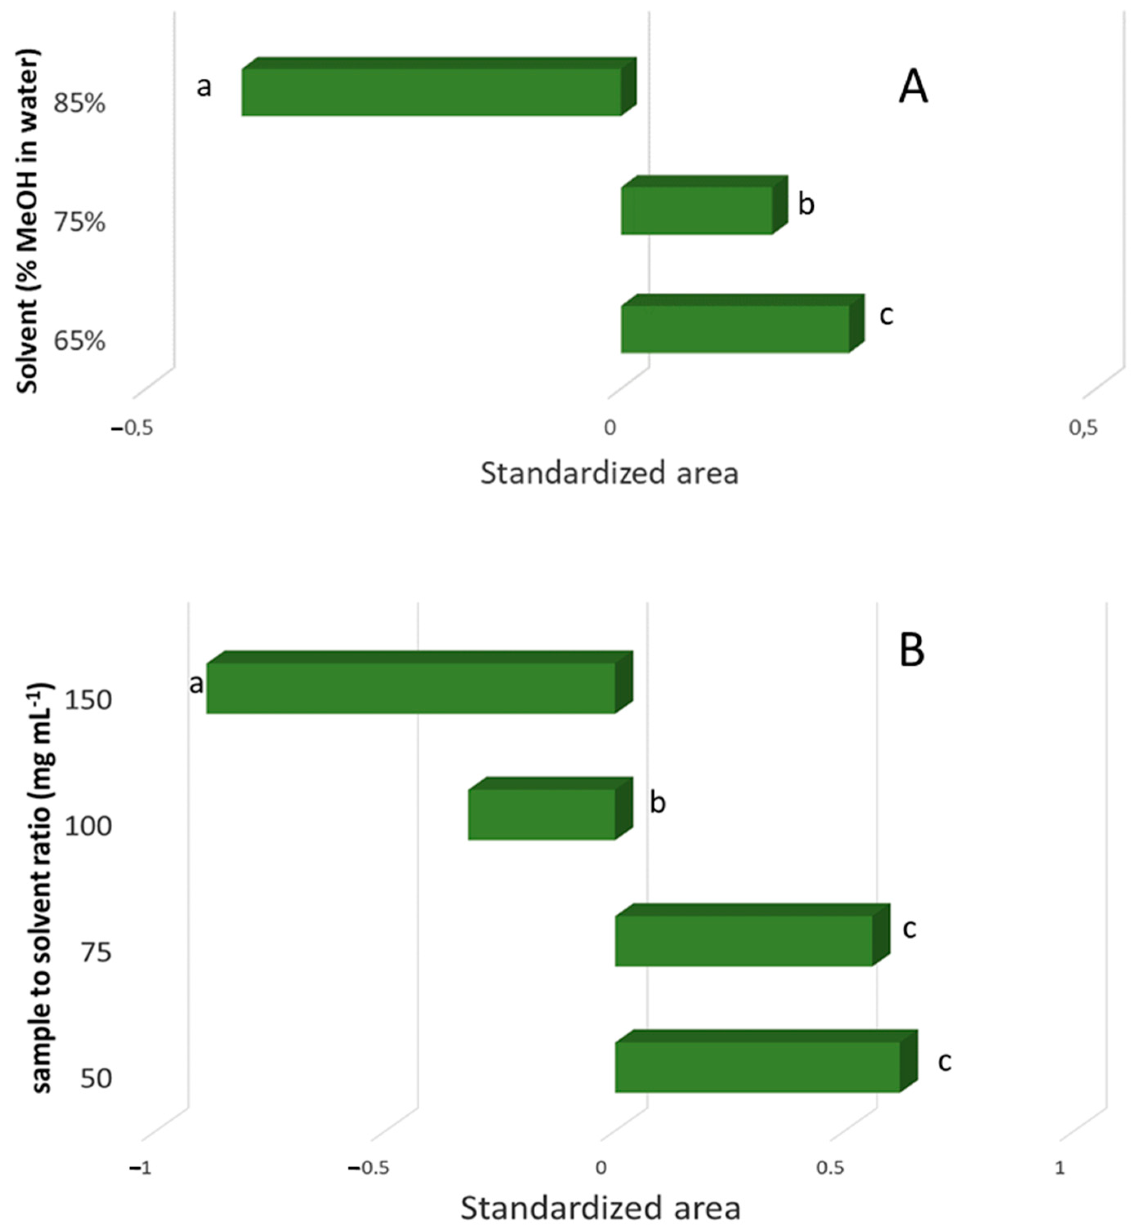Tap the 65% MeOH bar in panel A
coord(735,329)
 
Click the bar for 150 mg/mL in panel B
coord(411,688)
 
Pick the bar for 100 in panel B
coord(542,814)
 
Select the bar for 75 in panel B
coord(744,940)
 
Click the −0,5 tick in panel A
coord(132,428)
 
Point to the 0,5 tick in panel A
coord(1083,428)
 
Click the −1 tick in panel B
coord(140,1168)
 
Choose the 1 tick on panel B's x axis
coord(1059,1168)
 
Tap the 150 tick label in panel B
coord(88,700)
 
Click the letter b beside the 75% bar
coord(806,204)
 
